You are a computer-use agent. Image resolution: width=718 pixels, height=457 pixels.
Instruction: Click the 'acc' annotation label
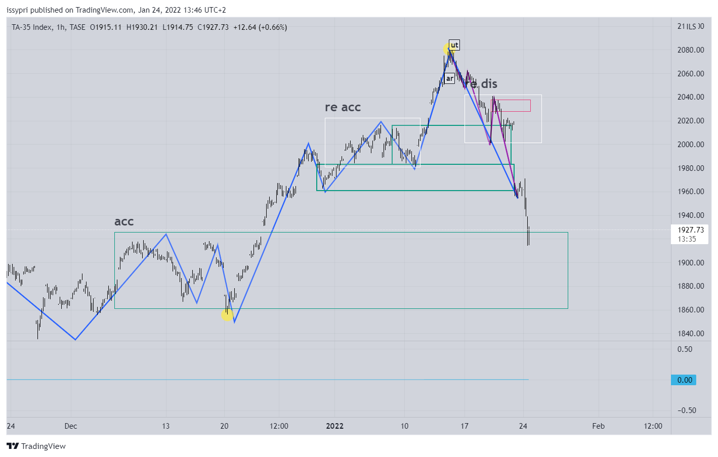[x=124, y=221]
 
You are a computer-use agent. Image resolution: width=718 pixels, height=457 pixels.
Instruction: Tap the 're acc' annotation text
[x=343, y=107]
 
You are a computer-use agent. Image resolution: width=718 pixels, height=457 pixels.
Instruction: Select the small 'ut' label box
[x=454, y=45]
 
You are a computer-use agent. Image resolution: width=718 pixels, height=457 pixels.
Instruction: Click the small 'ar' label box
[x=449, y=78]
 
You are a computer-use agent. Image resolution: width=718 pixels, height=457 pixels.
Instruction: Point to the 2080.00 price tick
[x=691, y=50]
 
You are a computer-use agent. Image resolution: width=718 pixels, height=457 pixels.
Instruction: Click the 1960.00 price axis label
[x=691, y=192]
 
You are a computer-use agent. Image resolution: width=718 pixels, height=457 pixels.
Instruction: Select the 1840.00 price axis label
[x=691, y=334]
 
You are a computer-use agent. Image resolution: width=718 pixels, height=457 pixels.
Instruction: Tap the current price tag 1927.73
[x=691, y=230]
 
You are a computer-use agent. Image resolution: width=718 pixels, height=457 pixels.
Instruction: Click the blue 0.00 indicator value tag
[x=684, y=380]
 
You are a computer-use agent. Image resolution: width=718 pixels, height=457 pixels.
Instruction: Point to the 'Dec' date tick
[x=71, y=426]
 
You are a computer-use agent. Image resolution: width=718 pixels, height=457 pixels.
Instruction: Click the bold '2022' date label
[x=334, y=426]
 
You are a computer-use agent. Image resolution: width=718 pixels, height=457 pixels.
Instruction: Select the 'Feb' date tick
[x=598, y=426]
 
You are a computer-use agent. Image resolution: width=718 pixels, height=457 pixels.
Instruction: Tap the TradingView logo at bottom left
[x=36, y=446]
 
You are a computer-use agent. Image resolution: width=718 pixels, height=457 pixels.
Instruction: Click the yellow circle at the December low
[x=227, y=315]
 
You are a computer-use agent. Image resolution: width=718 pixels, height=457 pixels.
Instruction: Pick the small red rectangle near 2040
[x=511, y=106]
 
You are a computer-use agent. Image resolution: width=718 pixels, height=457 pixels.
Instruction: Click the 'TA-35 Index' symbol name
[x=31, y=27]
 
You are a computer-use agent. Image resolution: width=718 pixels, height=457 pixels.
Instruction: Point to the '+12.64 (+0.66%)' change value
[x=260, y=27]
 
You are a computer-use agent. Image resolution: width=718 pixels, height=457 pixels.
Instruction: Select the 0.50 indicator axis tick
[x=685, y=349]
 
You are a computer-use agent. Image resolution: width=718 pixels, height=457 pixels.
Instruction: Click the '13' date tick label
[x=166, y=426]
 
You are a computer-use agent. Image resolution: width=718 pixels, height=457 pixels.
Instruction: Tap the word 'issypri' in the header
[x=17, y=10]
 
